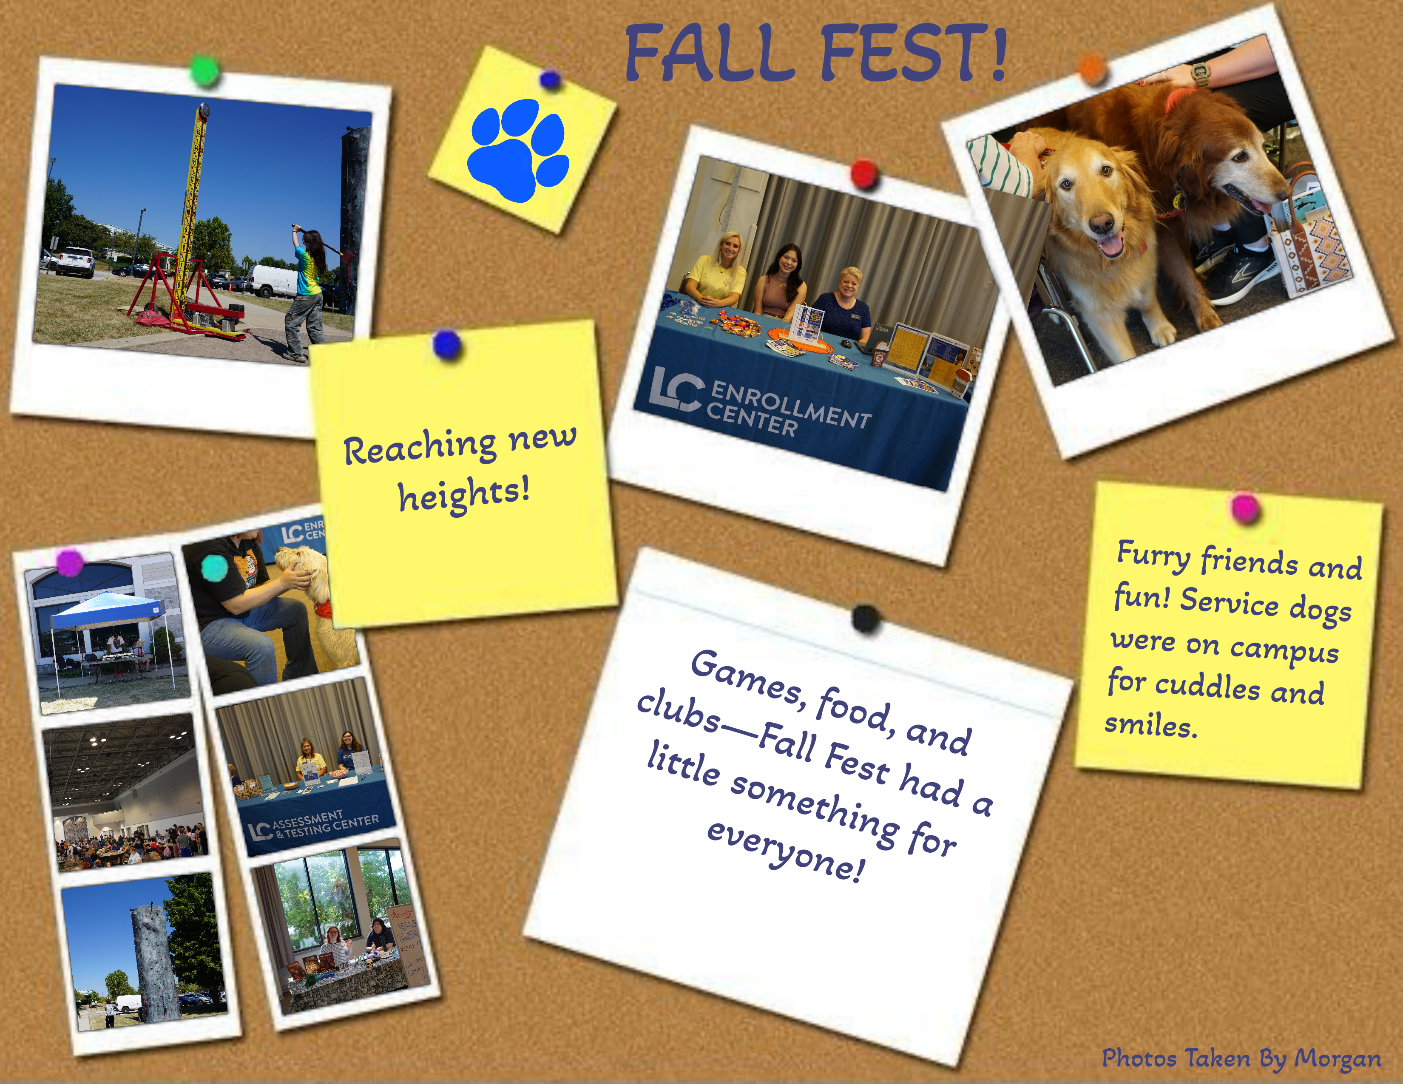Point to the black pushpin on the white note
(866, 619)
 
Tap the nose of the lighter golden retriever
(1102, 224)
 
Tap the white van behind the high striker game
(273, 280)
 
